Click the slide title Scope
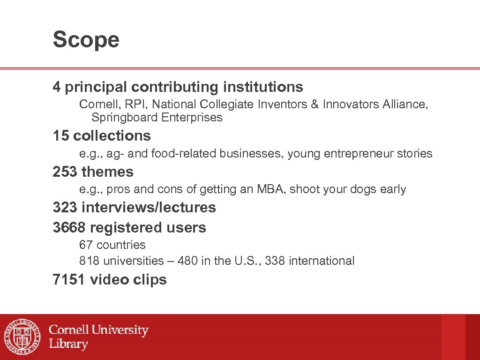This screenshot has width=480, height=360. click(86, 40)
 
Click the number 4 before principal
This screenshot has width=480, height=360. click(57, 87)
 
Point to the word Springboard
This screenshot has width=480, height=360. click(124, 117)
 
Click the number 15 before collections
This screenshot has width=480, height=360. click(61, 136)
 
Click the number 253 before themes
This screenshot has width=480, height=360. click(65, 172)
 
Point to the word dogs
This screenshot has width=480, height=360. click(359, 189)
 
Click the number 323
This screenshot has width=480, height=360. click(65, 207)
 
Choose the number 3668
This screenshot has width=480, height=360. click(69, 228)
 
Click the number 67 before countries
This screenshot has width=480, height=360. click(86, 245)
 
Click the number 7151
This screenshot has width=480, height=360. click(69, 280)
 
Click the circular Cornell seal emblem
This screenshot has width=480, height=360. click(22, 337)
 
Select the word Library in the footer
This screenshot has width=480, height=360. click(68, 344)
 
